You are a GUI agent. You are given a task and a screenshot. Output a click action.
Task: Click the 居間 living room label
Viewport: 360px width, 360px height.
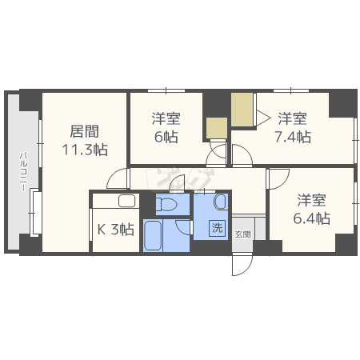point(82,130)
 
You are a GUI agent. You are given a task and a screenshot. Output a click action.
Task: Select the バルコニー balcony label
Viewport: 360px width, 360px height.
point(24,170)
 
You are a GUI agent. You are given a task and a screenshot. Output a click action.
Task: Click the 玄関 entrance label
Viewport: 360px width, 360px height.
point(242,234)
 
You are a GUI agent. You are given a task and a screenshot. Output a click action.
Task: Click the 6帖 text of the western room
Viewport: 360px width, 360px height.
point(167,137)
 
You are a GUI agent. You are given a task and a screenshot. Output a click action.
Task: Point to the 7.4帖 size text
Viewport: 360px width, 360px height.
point(292,137)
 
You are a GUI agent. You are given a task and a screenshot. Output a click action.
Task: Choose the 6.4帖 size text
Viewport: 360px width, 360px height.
point(311,217)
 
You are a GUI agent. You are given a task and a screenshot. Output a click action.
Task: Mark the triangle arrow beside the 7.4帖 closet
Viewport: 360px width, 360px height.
point(262,118)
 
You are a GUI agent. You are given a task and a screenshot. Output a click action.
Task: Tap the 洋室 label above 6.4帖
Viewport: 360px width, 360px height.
point(311,199)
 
